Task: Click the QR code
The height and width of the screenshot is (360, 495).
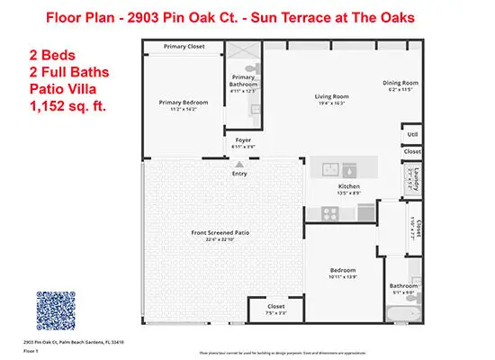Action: click(59, 310)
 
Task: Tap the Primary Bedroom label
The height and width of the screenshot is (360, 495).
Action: click(183, 103)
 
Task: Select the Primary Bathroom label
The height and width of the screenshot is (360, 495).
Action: click(244, 79)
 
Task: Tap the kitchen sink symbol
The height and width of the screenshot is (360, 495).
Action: click(338, 168)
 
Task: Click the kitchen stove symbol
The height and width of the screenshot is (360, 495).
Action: click(330, 213)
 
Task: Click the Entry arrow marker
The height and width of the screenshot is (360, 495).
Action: click(239, 164)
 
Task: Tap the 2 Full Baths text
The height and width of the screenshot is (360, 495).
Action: click(55, 73)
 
